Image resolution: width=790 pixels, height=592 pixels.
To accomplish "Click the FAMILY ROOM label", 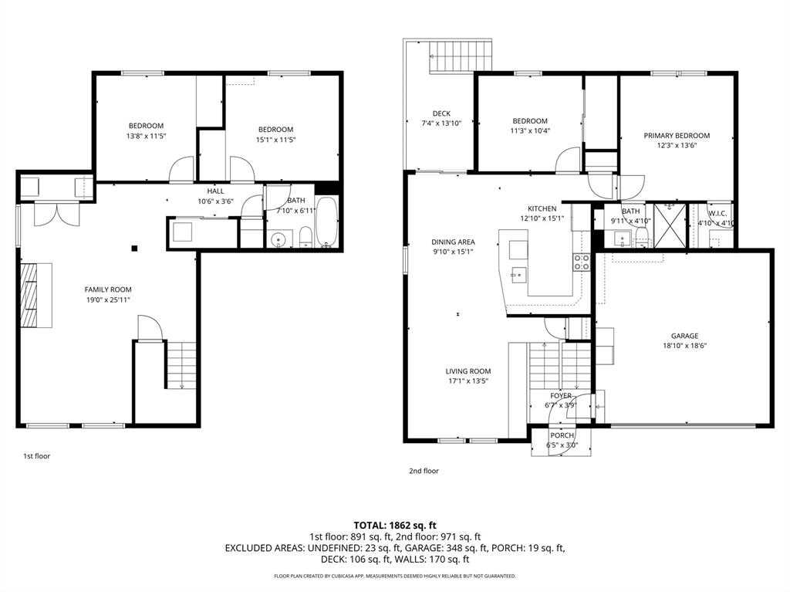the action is [108, 289].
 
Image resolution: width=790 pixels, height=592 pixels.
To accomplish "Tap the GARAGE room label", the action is [685, 336].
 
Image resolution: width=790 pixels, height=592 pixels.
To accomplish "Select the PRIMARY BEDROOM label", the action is [677, 136].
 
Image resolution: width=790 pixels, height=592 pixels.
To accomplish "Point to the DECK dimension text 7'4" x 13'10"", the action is [441, 123].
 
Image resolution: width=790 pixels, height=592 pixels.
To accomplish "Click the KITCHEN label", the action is [542, 208].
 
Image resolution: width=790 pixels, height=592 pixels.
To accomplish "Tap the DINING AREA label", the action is [453, 242].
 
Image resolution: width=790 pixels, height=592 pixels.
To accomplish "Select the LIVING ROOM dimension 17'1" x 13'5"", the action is [468, 381].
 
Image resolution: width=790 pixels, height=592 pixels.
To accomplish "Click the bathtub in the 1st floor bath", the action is [327, 222].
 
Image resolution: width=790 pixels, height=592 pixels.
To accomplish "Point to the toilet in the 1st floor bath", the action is [306, 238].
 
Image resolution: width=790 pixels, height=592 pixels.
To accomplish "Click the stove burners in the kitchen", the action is [582, 262].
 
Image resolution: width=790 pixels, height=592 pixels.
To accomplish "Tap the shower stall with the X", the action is [670, 225].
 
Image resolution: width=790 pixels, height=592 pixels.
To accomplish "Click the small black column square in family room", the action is [134, 248].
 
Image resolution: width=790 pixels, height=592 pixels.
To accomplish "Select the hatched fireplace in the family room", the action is [29, 295].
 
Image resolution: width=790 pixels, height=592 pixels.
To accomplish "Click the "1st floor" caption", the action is [37, 456].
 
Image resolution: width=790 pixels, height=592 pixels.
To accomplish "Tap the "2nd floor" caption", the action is [424, 471].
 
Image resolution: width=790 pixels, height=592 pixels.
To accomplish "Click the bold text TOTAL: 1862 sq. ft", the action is [395, 526].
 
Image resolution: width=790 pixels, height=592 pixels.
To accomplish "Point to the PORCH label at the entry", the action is [562, 435].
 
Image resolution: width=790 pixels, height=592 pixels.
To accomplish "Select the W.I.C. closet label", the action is [717, 214].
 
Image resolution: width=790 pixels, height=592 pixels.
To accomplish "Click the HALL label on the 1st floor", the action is [216, 191].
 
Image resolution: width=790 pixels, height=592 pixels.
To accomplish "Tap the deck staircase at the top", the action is [461, 56].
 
